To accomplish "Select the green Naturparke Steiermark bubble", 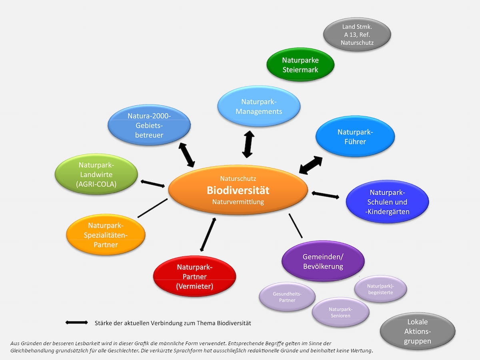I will (300, 65).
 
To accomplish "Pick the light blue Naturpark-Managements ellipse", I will (259, 106).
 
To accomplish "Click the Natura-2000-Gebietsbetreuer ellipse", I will (149, 125).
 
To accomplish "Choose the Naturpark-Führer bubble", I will (355, 136).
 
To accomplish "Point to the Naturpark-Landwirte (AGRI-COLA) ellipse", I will (96, 175).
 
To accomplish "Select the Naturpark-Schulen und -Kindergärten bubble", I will (387, 202).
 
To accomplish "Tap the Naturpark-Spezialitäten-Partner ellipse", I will (106, 235).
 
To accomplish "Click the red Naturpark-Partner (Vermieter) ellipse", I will (194, 276).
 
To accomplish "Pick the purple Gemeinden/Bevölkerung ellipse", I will (323, 261).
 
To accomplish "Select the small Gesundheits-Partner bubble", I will (287, 297).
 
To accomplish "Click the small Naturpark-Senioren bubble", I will (340, 312).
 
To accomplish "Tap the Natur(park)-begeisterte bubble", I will (380, 289).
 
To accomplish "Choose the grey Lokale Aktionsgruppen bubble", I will (417, 331).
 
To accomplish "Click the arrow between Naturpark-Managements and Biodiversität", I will (248, 144).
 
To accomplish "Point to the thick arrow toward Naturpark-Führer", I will (311, 165).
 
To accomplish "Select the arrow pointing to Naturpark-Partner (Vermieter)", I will (208, 234).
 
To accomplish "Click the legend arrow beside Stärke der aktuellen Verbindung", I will (76, 322).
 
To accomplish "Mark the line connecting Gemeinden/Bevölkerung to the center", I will (296, 226).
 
